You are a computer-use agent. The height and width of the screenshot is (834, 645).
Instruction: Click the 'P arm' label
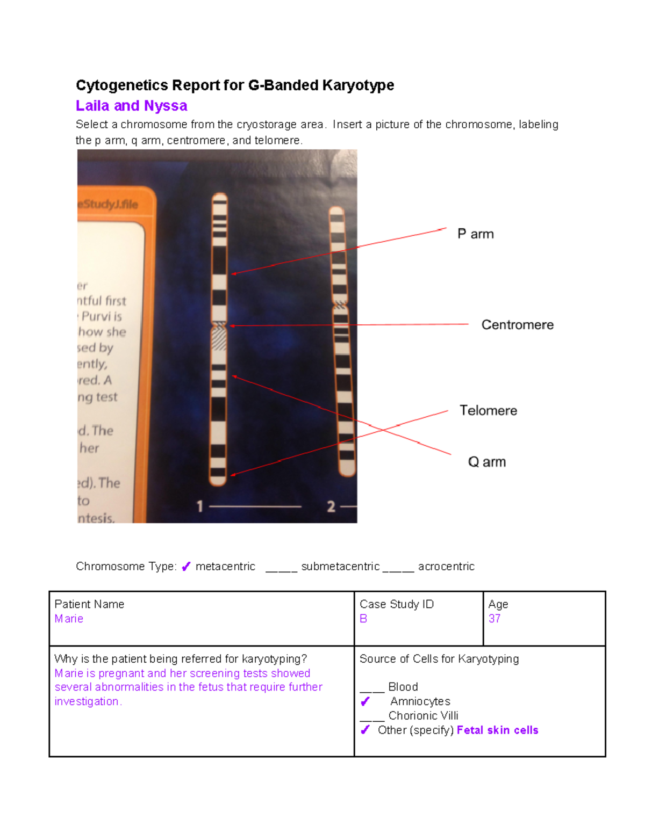click(475, 234)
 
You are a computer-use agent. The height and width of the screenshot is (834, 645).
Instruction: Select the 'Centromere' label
click(517, 325)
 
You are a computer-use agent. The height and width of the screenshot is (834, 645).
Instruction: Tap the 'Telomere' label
click(488, 411)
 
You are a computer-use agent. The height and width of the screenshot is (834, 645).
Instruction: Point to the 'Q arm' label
click(486, 462)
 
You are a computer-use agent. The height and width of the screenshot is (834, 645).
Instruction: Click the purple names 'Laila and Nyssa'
click(131, 106)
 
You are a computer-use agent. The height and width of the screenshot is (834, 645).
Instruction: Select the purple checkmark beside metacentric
click(186, 567)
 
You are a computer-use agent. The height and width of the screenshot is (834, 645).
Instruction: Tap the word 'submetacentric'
click(340, 567)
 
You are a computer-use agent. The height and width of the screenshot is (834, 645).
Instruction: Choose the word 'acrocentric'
click(446, 567)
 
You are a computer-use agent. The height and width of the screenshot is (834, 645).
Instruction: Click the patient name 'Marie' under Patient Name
click(69, 619)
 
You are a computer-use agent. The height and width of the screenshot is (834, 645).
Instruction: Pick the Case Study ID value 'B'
click(363, 619)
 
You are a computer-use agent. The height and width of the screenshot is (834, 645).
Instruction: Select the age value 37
click(494, 619)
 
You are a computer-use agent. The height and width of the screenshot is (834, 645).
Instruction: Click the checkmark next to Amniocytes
click(365, 701)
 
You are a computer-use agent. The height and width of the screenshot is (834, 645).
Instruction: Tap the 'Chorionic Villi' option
click(423, 716)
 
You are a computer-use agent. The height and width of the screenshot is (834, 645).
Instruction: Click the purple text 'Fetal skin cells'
click(497, 730)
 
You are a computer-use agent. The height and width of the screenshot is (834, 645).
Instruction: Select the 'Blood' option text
click(403, 687)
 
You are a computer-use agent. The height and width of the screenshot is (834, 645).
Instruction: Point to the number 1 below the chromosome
click(200, 506)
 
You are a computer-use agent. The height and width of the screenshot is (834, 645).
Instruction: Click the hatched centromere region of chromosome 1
click(219, 337)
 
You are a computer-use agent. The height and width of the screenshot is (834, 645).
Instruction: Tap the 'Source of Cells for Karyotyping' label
click(439, 659)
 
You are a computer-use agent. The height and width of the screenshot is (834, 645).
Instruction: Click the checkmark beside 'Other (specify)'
click(365, 730)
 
